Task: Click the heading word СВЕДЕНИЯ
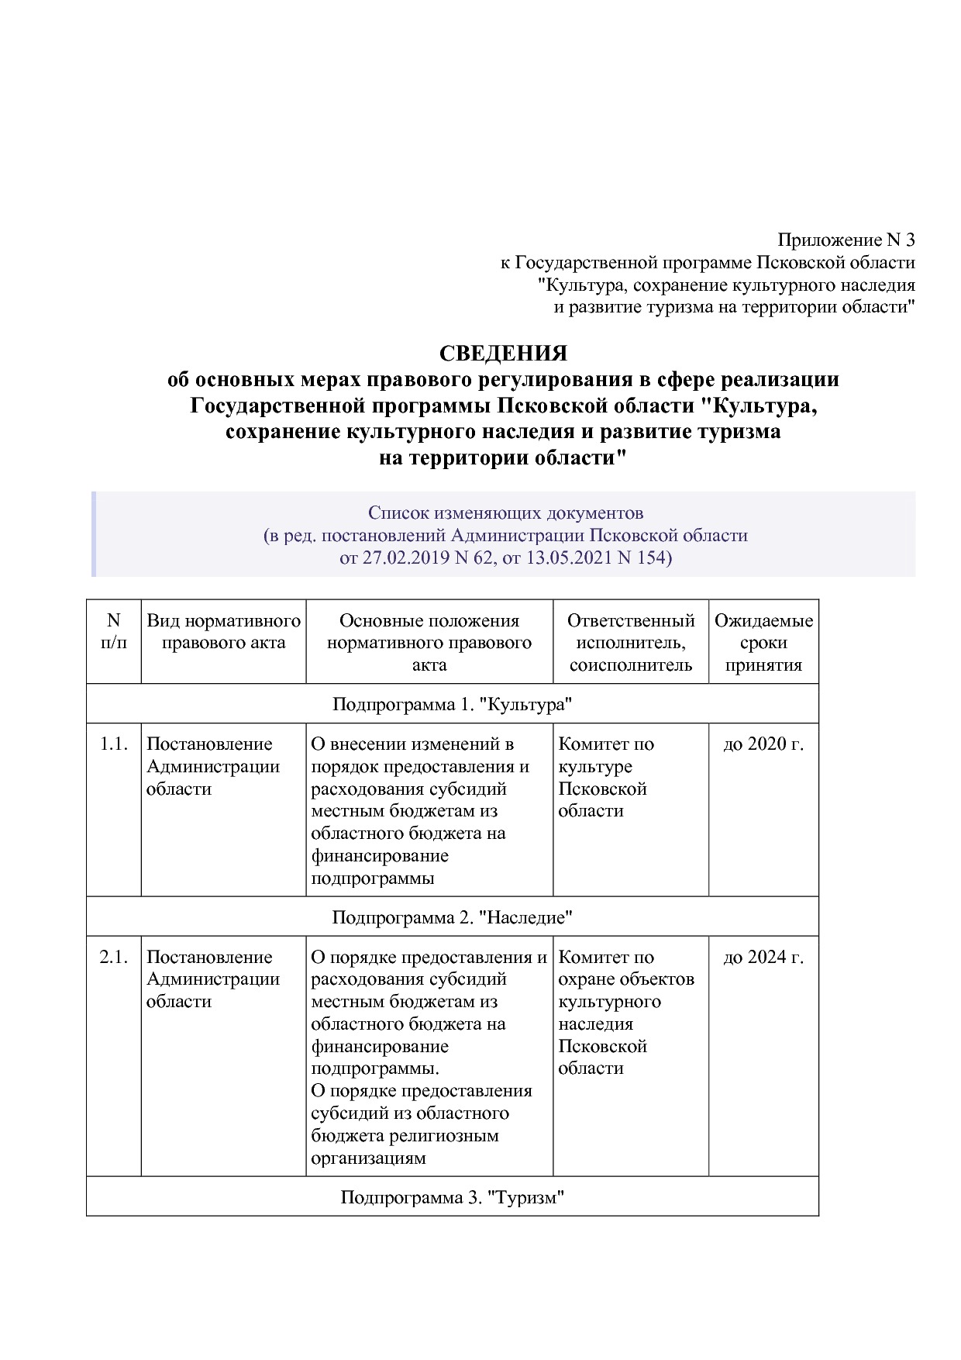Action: (x=503, y=354)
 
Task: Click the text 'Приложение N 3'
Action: (x=846, y=240)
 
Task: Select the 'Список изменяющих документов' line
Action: (x=505, y=513)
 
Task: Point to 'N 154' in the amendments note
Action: (x=642, y=557)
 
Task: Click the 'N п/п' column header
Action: (x=114, y=631)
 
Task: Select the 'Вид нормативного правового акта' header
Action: (x=223, y=631)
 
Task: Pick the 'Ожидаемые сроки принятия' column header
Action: (x=763, y=642)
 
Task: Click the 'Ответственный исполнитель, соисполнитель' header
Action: (x=630, y=642)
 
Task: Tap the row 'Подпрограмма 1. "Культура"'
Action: (x=452, y=704)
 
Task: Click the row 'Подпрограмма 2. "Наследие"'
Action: (x=452, y=917)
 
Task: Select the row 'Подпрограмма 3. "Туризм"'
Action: (x=452, y=1197)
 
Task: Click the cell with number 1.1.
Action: (x=114, y=744)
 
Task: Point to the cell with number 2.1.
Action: (x=114, y=958)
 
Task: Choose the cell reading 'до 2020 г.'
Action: (x=763, y=744)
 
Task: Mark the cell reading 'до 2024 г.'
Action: (x=763, y=958)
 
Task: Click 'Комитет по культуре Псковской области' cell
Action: (x=606, y=777)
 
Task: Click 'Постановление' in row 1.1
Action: (x=209, y=744)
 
